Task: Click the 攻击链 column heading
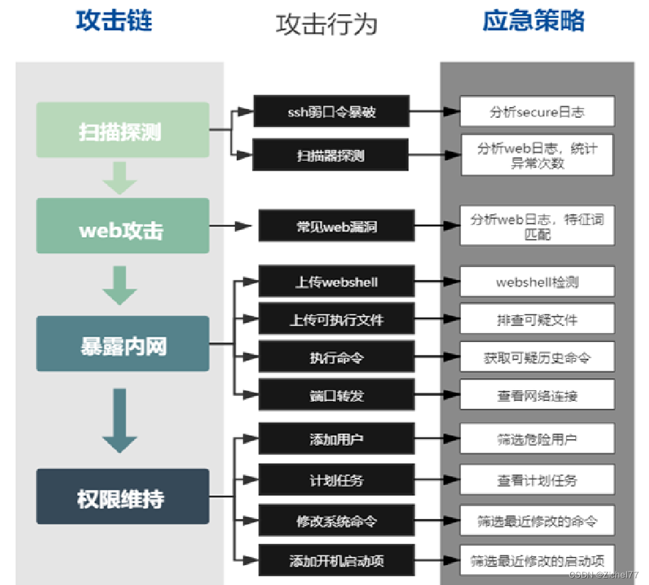(x=114, y=21)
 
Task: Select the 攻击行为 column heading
(x=327, y=24)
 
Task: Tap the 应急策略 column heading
(x=534, y=21)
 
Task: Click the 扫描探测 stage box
(x=122, y=131)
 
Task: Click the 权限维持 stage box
(x=122, y=497)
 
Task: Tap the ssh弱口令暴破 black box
(x=331, y=111)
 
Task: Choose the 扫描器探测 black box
(x=331, y=155)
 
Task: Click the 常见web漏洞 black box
(x=337, y=226)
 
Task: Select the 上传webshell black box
(x=337, y=282)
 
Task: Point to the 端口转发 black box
(x=337, y=395)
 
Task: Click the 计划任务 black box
(x=337, y=480)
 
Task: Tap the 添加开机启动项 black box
(x=337, y=561)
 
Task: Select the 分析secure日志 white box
(x=537, y=111)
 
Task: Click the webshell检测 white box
(x=537, y=282)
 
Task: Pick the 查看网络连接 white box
(x=537, y=395)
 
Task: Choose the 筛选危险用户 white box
(x=537, y=439)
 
